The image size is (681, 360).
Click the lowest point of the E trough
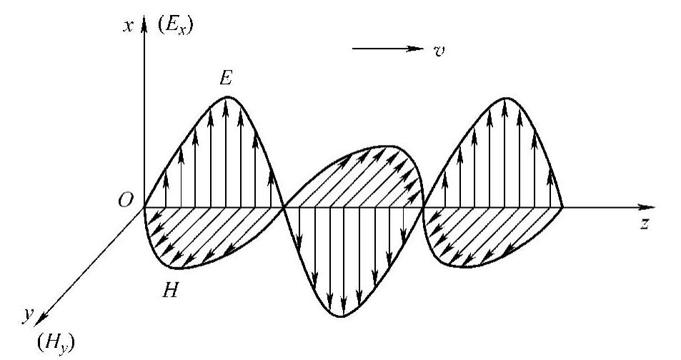(343, 316)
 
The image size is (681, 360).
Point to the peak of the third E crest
(506, 96)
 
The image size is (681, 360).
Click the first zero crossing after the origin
(284, 208)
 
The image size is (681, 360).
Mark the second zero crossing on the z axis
(424, 208)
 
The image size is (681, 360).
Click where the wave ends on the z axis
(563, 208)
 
